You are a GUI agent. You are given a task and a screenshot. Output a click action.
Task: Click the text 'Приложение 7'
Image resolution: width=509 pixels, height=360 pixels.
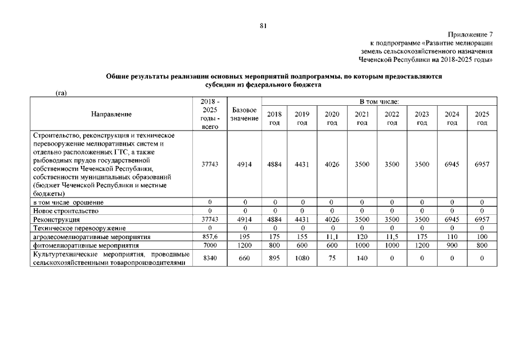coord(471,35)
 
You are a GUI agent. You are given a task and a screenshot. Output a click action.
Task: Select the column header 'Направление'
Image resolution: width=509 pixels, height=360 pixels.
coord(111,114)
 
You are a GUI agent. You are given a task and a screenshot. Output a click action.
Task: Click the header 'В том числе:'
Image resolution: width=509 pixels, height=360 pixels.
coord(379,101)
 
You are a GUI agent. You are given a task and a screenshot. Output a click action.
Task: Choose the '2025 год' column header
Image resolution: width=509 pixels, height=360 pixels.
coord(481,118)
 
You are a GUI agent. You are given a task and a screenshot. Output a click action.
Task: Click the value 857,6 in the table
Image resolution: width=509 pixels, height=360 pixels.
coord(209,237)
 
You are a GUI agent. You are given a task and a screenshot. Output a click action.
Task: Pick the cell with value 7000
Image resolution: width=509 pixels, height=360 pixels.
coord(209,246)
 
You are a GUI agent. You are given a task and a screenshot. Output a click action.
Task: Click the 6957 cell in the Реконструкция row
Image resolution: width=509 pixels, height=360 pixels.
coord(481,219)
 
